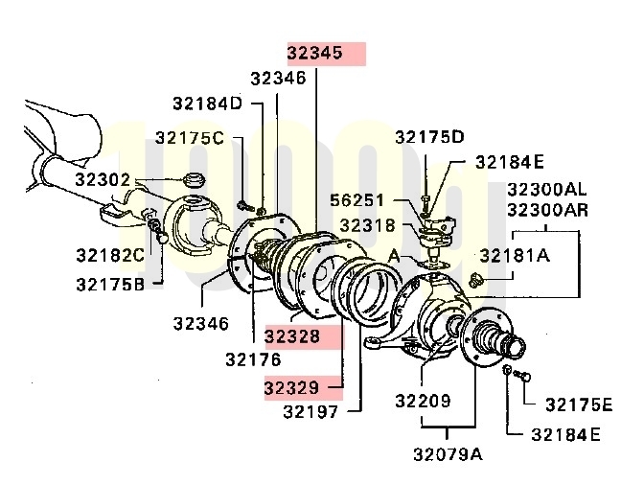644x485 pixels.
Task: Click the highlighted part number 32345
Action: [314, 53]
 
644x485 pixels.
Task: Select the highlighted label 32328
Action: [292, 336]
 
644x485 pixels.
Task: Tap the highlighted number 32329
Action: [291, 387]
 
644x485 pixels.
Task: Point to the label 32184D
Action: [207, 104]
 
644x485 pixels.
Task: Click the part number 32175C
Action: [190, 138]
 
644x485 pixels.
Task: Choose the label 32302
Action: [103, 180]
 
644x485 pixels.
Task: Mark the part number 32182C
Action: [110, 255]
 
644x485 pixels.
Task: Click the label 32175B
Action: [110, 284]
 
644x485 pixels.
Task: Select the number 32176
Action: [253, 359]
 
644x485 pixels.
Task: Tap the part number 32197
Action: [310, 411]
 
